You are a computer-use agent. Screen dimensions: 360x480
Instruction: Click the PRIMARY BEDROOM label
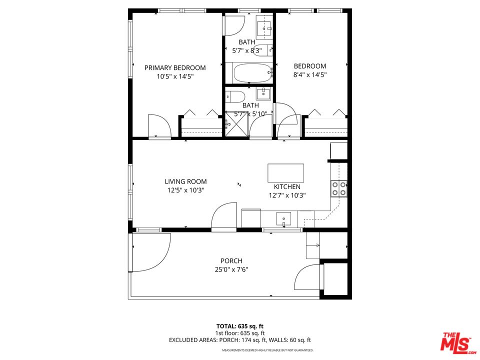tap(175, 67)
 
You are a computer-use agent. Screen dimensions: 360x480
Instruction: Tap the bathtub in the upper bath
tap(248, 73)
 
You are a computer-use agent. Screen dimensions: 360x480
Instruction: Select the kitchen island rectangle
tap(285, 173)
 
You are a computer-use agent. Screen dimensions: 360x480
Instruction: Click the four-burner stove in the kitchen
tap(338, 188)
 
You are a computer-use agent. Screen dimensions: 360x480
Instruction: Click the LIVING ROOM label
tap(185, 181)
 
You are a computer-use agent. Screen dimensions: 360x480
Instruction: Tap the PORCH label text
tap(231, 260)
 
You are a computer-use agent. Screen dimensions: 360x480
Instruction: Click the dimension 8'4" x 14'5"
tap(310, 74)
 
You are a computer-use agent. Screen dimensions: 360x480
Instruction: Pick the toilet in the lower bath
tap(235, 95)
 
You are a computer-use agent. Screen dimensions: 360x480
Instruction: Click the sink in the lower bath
tap(263, 93)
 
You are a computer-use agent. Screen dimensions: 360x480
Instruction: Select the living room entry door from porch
tap(224, 216)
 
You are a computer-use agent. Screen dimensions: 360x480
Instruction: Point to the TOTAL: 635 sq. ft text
tap(240, 326)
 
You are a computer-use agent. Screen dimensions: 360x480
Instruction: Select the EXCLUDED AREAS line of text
tap(240, 340)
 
